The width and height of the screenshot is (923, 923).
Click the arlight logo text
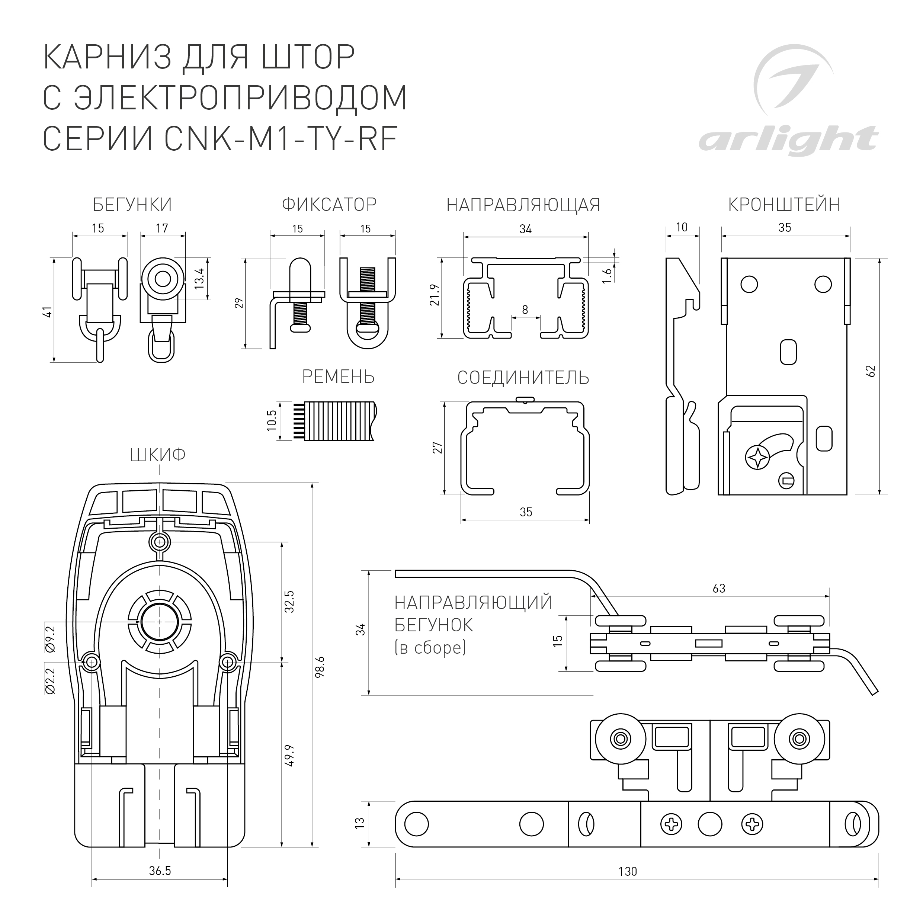coord(788,141)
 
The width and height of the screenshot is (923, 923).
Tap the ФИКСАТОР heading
coord(329,205)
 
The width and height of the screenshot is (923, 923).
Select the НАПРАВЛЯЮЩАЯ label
coord(523,205)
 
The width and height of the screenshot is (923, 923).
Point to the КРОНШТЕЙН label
coord(784,205)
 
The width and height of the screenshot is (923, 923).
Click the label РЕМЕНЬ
coord(338,377)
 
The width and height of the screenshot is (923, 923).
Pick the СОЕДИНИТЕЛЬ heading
coord(523,378)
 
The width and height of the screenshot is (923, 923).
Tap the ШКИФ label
coord(158,455)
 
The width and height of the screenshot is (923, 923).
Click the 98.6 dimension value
coord(320,666)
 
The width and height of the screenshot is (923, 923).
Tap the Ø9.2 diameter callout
coord(51,638)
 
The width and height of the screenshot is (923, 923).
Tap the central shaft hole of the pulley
coord(159,621)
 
